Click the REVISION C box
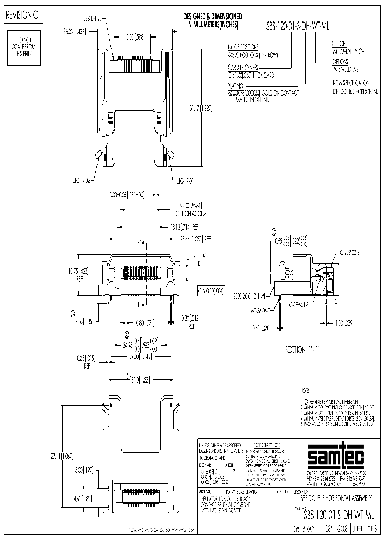pyautogui.click(x=22, y=16)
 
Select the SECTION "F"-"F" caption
pyautogui.click(x=301, y=349)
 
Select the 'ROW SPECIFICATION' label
pyautogui.click(x=350, y=84)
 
